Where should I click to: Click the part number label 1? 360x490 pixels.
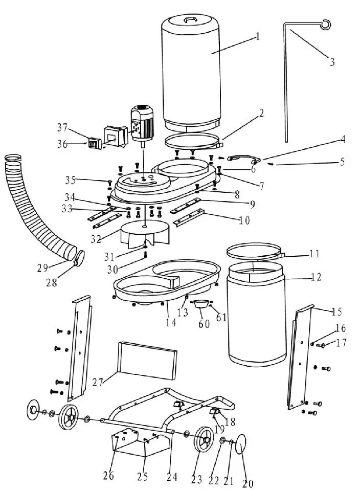[x=258, y=36]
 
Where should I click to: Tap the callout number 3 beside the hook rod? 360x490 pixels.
[x=332, y=62]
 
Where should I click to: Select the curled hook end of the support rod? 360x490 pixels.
[x=326, y=23]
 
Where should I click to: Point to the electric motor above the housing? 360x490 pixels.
[x=140, y=123]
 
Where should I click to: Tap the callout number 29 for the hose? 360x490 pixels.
[x=42, y=268]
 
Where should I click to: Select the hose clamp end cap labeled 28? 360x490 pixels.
[x=79, y=257]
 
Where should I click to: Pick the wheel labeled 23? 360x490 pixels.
[x=205, y=439]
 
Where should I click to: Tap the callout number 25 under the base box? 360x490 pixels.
[x=142, y=477]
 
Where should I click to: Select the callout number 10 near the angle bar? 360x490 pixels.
[x=244, y=220]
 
